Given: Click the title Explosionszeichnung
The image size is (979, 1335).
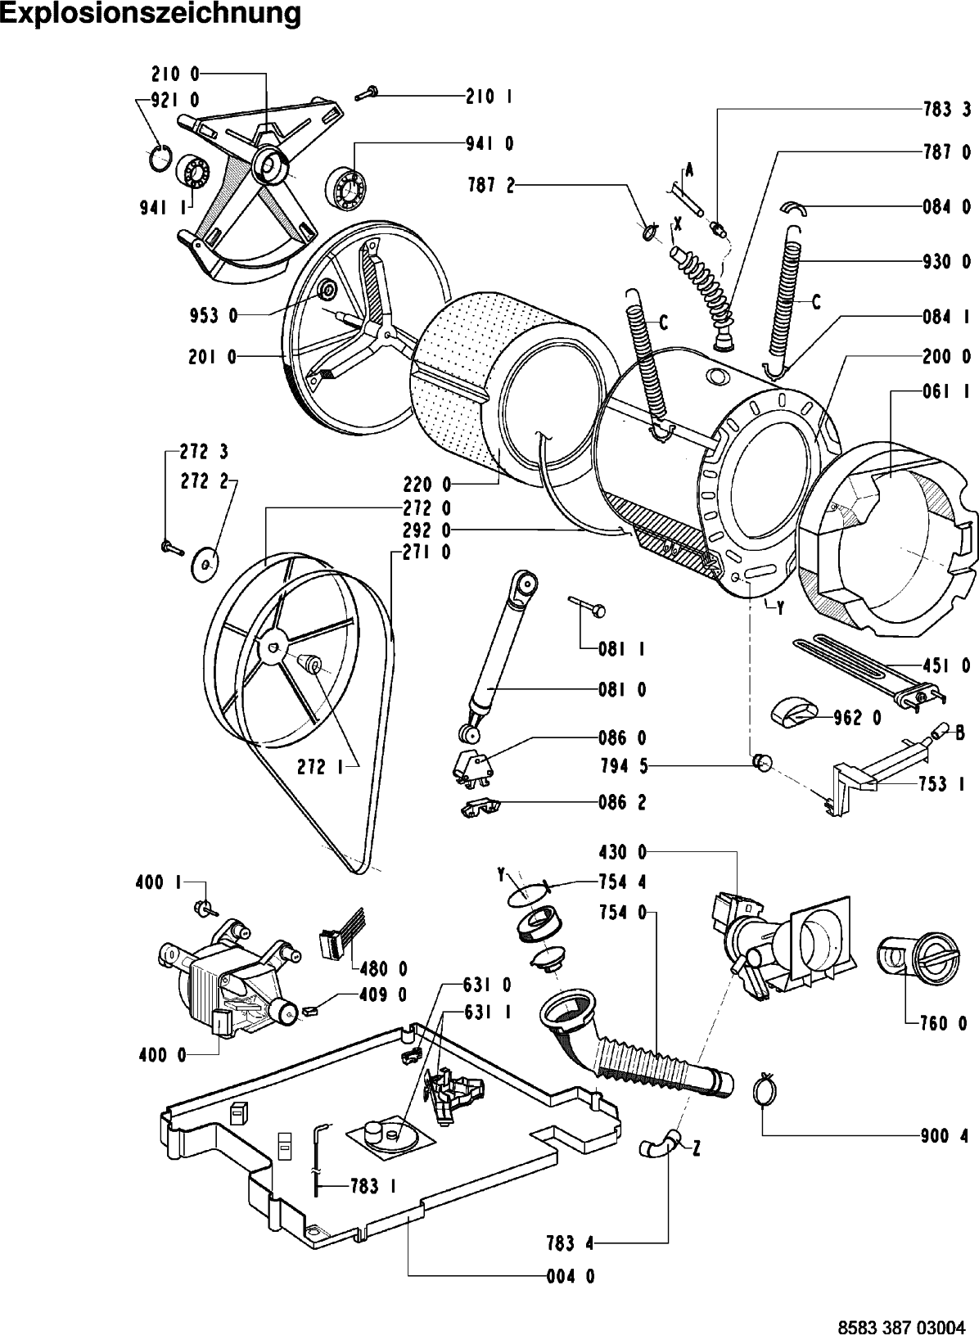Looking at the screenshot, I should (150, 14).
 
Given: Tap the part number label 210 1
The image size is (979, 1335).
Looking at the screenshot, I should (490, 97).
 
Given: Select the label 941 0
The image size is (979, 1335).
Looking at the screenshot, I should (490, 143).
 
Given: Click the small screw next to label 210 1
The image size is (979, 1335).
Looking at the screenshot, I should (365, 93).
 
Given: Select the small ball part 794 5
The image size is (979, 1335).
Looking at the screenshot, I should (762, 763).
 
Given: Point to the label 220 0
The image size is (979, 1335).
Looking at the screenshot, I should (426, 485).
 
